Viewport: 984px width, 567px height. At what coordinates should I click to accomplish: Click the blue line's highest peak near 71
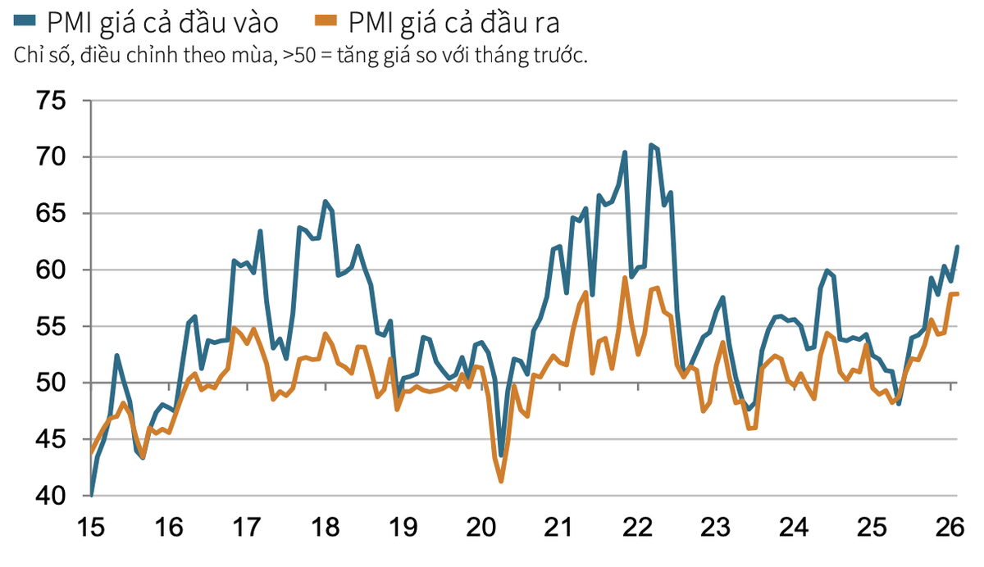pos(651,145)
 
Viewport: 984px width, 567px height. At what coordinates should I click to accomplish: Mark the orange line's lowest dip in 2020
pos(501,481)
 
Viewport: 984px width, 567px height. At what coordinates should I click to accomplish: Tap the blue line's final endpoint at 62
pos(957,247)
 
